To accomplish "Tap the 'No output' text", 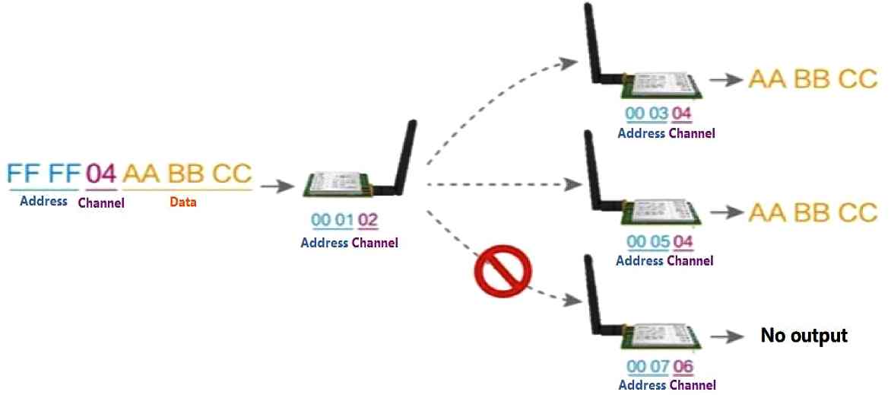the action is (x=804, y=335).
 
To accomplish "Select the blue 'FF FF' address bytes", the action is (x=43, y=174).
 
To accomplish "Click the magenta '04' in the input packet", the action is (x=101, y=174).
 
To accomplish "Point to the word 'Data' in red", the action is (x=183, y=202).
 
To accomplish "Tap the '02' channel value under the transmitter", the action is (x=368, y=220).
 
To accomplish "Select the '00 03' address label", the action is (x=647, y=114).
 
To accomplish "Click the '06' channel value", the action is (x=683, y=367).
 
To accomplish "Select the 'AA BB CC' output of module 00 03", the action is (x=813, y=80).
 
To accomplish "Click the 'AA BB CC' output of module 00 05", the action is (x=813, y=212).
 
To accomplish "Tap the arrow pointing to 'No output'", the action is (x=727, y=336).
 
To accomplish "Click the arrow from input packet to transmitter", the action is (x=277, y=186).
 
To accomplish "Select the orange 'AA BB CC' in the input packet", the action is (x=187, y=174).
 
